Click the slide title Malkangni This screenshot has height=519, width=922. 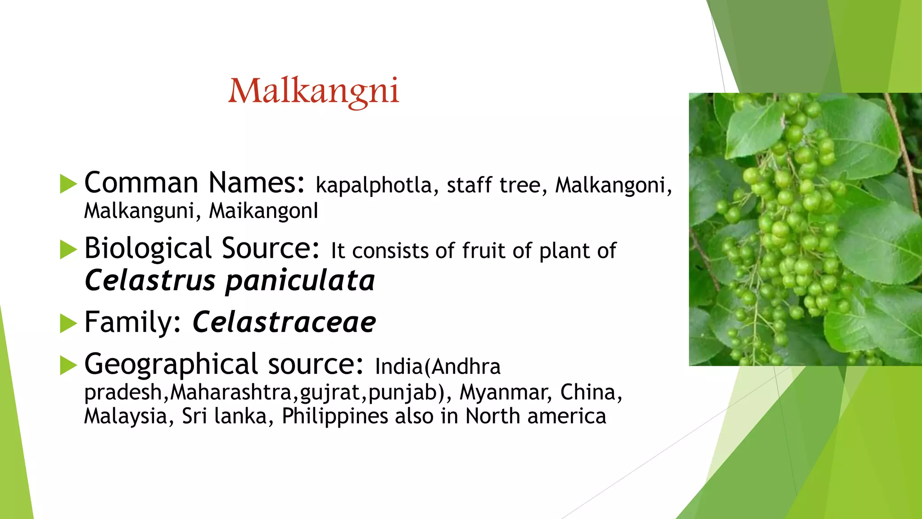(313, 91)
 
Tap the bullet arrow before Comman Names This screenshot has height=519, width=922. (68, 184)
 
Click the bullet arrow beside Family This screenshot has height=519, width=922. (68, 323)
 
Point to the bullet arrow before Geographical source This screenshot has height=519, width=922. (68, 365)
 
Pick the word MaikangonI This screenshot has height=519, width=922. (263, 211)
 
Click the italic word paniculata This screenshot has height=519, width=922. (300, 281)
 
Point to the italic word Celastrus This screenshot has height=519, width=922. (150, 281)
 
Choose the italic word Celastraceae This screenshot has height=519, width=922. (284, 323)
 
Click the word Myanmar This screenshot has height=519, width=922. (506, 392)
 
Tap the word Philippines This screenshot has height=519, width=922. (334, 416)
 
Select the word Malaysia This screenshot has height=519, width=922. (126, 416)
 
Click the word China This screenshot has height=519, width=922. (590, 392)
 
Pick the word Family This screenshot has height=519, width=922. (132, 323)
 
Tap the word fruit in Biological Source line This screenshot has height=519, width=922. (484, 251)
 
